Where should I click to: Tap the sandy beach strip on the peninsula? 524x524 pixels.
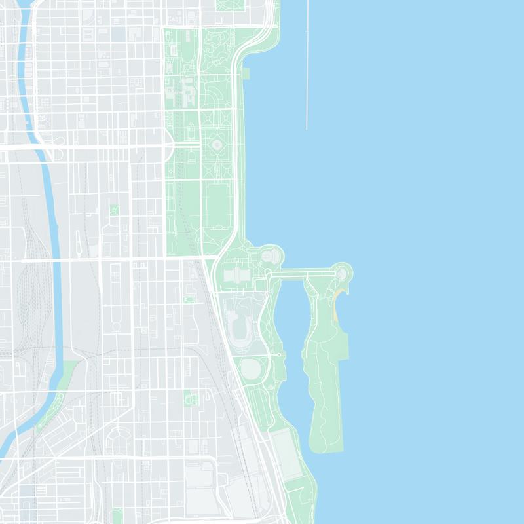[337, 301]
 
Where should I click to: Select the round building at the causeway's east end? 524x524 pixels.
[341, 272]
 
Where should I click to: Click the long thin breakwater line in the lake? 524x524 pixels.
[307, 65]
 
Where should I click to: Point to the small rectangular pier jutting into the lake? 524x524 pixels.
[246, 73]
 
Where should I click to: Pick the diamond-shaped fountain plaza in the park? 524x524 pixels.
[217, 143]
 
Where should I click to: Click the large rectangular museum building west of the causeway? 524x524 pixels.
[236, 276]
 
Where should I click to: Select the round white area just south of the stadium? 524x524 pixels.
[250, 368]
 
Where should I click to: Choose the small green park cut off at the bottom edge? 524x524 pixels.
[117, 517]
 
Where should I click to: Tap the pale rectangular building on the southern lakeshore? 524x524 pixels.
[287, 452]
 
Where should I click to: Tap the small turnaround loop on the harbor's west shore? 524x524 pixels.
[282, 354]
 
